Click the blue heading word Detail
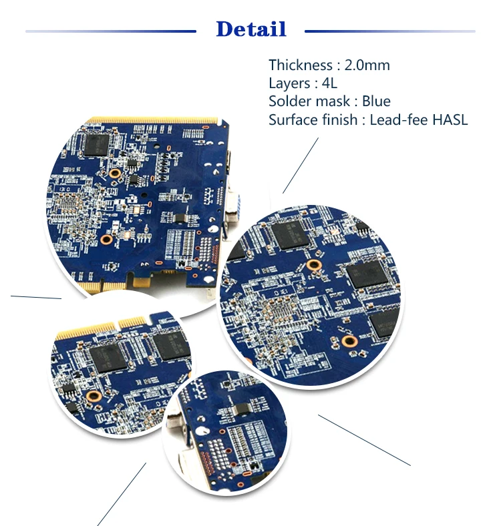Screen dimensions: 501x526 click(251, 29)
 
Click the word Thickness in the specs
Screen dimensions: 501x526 click(300, 65)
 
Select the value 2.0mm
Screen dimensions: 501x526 click(367, 65)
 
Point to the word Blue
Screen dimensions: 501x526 click(376, 101)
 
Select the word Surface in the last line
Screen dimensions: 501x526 click(291, 120)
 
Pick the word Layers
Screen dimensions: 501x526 click(289, 83)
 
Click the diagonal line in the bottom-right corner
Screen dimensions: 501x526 click(364, 440)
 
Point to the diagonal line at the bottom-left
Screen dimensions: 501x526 click(122, 494)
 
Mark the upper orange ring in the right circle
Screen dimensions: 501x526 click(311, 266)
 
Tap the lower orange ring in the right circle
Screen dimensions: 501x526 click(347, 341)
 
